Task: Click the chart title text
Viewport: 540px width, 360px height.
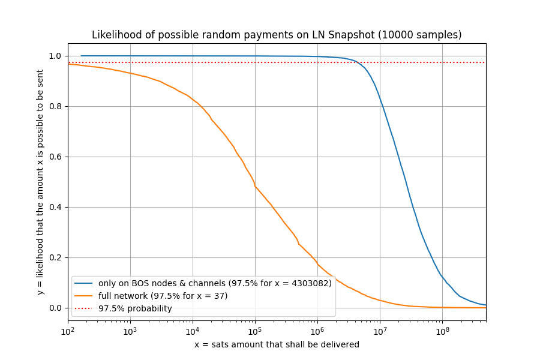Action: coord(277,35)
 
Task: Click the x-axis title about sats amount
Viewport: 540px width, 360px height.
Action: coord(277,344)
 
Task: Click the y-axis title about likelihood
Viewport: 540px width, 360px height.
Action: coord(40,182)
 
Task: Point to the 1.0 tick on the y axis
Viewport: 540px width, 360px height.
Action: coord(55,56)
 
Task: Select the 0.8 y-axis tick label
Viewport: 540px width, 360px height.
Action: coord(55,107)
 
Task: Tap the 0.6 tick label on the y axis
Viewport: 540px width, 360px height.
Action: coord(55,157)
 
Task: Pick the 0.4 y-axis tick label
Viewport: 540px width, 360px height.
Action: coord(55,208)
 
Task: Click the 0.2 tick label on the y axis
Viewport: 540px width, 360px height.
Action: coord(55,258)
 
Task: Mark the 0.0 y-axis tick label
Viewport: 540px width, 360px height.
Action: coord(55,308)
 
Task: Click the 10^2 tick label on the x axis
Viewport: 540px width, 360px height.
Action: coord(68,331)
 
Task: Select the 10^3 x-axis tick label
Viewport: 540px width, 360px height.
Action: coord(130,331)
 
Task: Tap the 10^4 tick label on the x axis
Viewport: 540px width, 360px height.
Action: coord(193,331)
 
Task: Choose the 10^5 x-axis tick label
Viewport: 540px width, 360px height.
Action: coord(255,331)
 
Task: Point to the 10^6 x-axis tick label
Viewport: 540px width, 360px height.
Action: coord(317,331)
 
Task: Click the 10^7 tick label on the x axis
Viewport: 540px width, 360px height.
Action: coord(380,331)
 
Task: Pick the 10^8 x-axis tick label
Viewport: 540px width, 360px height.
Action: coord(442,331)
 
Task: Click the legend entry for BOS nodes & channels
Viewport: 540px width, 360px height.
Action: coord(215,284)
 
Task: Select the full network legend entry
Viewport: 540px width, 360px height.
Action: coord(163,296)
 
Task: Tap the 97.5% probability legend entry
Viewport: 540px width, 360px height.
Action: coord(135,309)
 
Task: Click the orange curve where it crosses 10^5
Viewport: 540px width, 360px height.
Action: coord(255,187)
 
